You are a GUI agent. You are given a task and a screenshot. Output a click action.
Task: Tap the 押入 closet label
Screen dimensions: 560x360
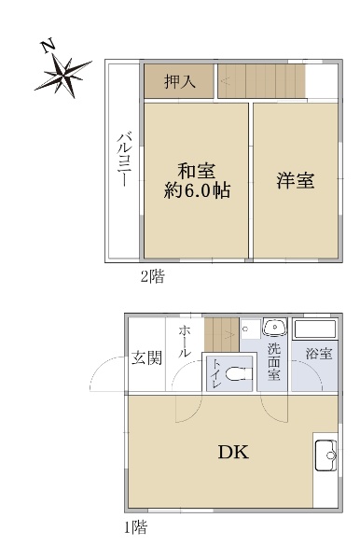pos(179,82)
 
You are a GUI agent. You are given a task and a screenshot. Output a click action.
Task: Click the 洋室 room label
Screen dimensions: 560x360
pos(295,181)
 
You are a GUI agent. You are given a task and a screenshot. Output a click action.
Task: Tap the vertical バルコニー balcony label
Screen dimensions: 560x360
pos(122,161)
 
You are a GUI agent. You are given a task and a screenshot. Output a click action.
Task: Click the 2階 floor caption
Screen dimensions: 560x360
pos(153,276)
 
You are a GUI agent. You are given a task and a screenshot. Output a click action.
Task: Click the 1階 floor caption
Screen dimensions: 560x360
pos(135,528)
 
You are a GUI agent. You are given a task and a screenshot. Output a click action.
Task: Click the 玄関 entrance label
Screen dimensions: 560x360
pos(145,358)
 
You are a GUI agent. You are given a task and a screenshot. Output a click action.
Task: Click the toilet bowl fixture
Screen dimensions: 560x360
pos(240,375)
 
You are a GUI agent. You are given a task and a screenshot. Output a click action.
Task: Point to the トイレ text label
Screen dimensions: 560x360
pos(216,374)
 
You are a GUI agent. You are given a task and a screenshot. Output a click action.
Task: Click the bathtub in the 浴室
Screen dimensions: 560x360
pos(315,329)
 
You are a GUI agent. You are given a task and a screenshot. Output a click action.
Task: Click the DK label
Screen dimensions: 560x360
pos(232,455)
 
